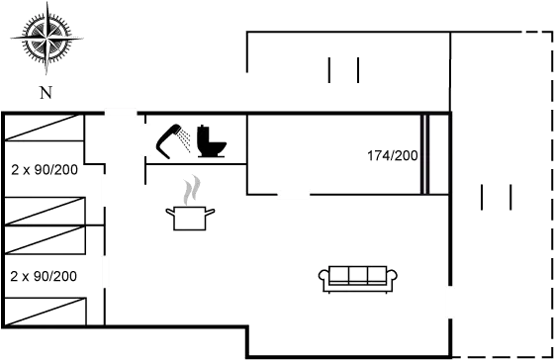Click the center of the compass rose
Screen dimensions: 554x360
45,40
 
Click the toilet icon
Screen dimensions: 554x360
212,140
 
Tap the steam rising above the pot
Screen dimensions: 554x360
193,188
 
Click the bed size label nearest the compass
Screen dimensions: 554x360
43,169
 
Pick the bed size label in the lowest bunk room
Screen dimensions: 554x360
43,276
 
